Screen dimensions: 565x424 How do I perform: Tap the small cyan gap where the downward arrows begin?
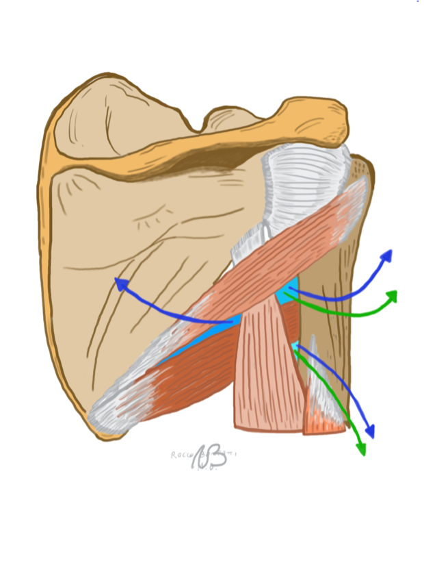[295, 346]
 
